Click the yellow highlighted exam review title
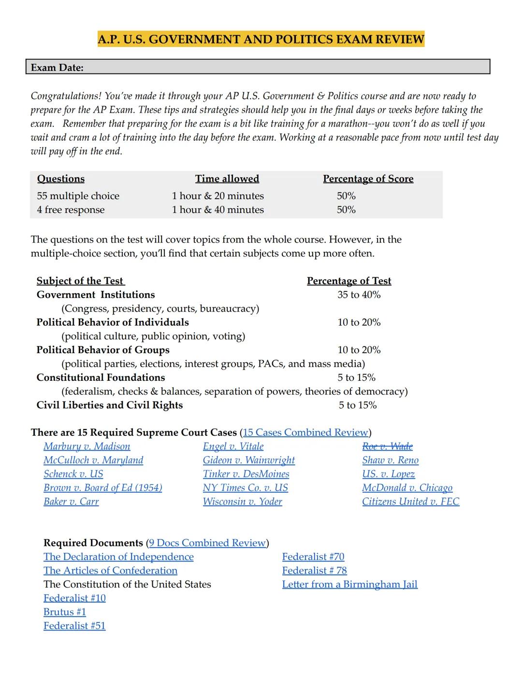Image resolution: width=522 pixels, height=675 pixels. pyautogui.click(x=261, y=39)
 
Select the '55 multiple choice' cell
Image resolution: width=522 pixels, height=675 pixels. pyautogui.click(x=78, y=196)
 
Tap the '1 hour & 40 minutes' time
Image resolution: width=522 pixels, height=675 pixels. pyautogui.click(x=217, y=210)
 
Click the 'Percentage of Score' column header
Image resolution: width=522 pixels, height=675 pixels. pyautogui.click(x=368, y=179)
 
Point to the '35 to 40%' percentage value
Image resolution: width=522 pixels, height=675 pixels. pyautogui.click(x=359, y=295)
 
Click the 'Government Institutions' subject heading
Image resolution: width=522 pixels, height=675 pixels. pyautogui.click(x=96, y=295)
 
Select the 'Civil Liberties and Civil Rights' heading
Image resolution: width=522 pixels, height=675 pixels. pyautogui.click(x=110, y=405)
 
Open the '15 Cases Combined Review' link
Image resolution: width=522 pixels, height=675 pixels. pyautogui.click(x=305, y=432)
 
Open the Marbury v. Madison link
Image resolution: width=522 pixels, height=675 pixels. pyautogui.click(x=87, y=446)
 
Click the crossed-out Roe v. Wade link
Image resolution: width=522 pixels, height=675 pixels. pyautogui.click(x=387, y=446)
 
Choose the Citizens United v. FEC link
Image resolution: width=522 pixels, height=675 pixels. pyautogui.click(x=410, y=502)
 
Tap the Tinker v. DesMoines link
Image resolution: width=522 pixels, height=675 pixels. pyautogui.click(x=246, y=474)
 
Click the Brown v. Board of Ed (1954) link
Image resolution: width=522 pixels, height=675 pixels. pyautogui.click(x=102, y=488)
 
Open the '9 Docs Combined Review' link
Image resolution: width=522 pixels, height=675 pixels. pyautogui.click(x=207, y=543)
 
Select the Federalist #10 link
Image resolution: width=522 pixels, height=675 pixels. pyautogui.click(x=74, y=598)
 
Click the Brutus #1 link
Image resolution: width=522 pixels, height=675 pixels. pyautogui.click(x=65, y=612)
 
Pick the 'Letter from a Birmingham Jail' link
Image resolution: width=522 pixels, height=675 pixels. pyautogui.click(x=349, y=585)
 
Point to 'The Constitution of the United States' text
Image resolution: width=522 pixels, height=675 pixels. pyautogui.click(x=127, y=585)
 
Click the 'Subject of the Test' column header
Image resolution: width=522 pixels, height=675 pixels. pyautogui.click(x=80, y=281)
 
